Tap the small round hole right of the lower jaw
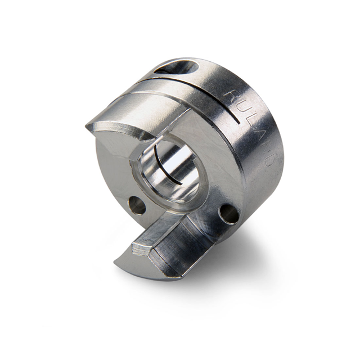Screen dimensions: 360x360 point(228,214)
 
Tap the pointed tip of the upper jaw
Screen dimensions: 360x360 point(88,125)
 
